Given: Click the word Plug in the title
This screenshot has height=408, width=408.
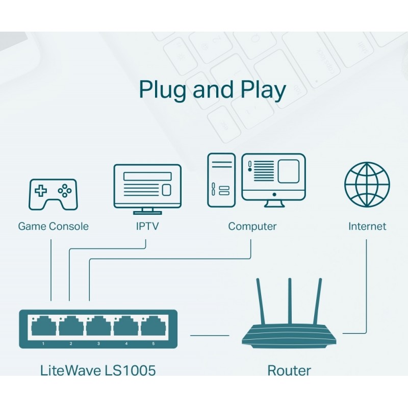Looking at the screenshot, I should tap(163, 90).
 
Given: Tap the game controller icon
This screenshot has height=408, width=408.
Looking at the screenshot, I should tap(53, 194).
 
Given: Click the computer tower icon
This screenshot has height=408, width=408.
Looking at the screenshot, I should tap(221, 180).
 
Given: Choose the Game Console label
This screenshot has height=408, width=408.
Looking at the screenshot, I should tap(53, 226).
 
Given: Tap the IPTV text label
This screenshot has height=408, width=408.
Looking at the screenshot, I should tap(147, 226).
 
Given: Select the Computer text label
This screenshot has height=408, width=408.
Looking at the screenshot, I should tap(252, 226).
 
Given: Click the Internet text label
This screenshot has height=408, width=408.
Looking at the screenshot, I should tap(367, 226).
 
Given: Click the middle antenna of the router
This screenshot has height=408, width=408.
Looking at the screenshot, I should tap(290, 301).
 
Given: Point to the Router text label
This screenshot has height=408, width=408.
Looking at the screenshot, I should tap(289, 370).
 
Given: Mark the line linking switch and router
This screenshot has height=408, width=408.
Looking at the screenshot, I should tap(210, 335).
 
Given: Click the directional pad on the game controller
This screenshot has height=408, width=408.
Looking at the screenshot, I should tap(40, 191).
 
